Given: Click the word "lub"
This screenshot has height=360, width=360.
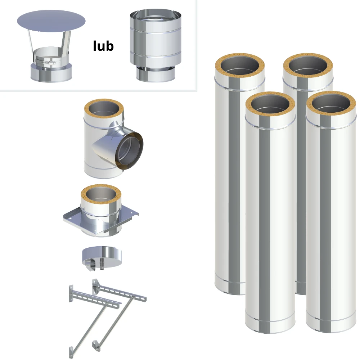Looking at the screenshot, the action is tap(103, 46).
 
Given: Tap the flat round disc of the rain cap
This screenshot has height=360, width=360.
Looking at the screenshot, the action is tap(51, 21).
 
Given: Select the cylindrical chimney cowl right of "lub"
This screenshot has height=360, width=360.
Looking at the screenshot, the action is tap(156, 46).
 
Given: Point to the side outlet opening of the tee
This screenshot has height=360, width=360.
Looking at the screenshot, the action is tap(129, 151).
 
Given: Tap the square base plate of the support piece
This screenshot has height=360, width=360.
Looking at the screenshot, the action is tap(101, 220).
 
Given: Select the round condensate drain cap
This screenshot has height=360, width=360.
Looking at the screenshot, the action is tap(102, 257).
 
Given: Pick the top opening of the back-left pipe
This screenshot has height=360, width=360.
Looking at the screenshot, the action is tap(240, 66).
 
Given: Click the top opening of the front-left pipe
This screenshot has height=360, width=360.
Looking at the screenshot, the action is tap(270, 104).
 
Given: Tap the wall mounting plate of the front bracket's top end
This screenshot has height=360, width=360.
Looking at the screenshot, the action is tap(71, 294).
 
